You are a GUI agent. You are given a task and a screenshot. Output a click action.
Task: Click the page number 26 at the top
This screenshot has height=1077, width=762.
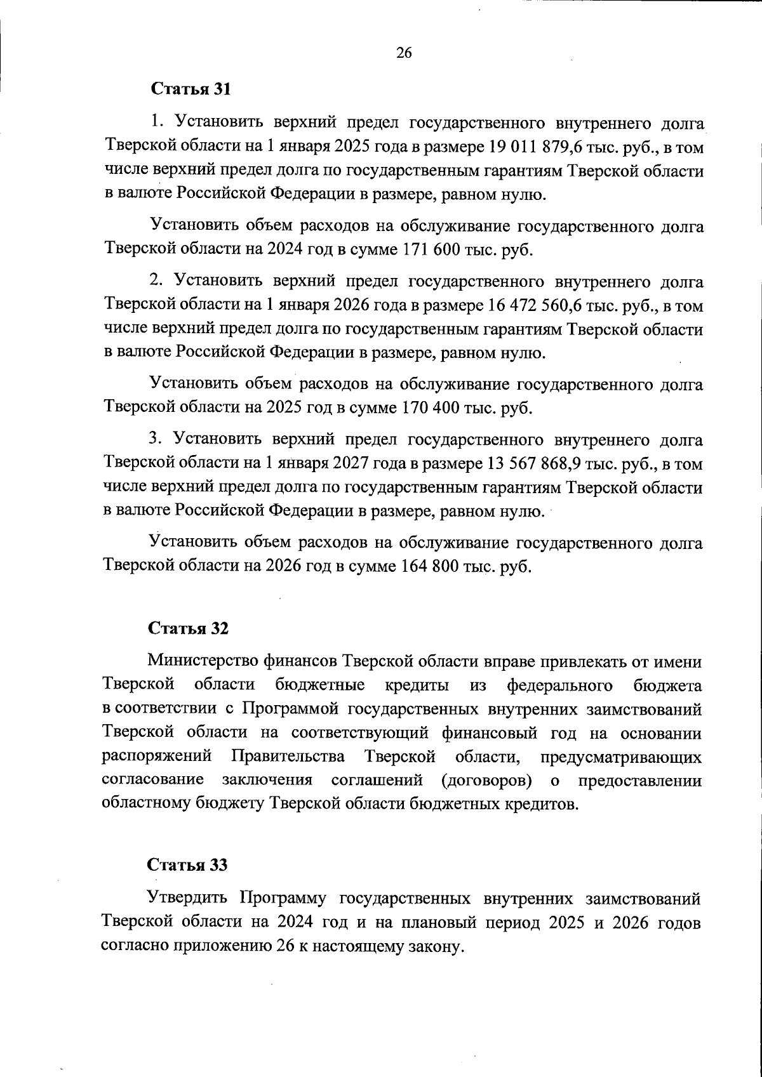(x=404, y=53)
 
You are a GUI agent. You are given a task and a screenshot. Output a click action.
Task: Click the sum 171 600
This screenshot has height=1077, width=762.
(x=429, y=249)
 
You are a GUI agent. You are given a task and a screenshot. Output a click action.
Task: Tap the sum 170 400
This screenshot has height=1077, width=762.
(x=429, y=407)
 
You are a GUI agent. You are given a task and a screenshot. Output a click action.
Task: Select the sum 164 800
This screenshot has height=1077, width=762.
(x=429, y=566)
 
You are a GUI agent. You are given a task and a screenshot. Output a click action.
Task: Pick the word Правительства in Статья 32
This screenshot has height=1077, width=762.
(x=288, y=757)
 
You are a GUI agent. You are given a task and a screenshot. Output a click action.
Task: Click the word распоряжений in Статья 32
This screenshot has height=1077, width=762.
(x=156, y=757)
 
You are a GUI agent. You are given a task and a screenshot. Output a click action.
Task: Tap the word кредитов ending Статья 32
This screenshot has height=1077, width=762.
(x=540, y=804)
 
